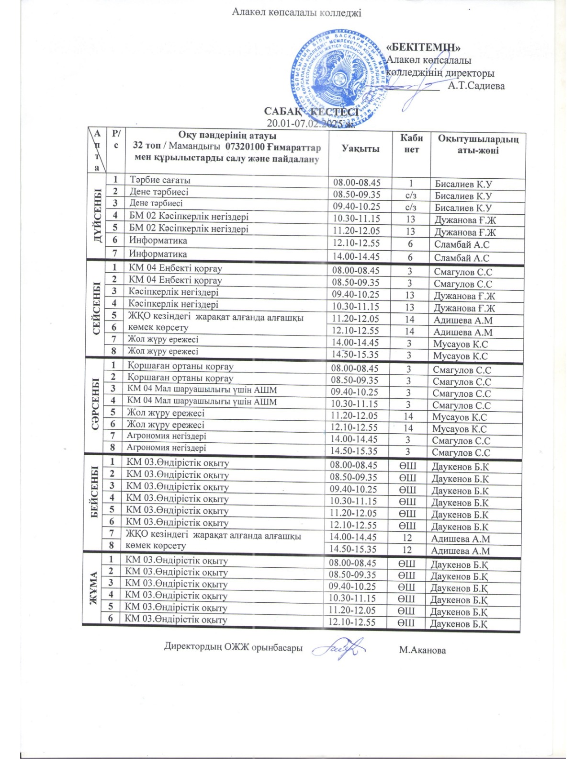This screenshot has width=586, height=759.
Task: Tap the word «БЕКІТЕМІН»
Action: tap(423, 47)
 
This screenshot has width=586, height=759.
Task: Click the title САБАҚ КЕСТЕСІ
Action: tap(311, 112)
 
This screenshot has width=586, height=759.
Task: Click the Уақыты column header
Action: tap(361, 149)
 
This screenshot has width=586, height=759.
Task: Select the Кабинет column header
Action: tap(411, 144)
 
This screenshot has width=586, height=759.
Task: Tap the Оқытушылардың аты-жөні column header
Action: tap(478, 144)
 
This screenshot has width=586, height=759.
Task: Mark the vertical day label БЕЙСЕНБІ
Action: tap(94, 498)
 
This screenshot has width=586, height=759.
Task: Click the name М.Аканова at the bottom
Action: tap(422, 650)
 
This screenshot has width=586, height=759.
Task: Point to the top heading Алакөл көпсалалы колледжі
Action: tap(296, 12)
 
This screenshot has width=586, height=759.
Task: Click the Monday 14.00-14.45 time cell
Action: tap(356, 256)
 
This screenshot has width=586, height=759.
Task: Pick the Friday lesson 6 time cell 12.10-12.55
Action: tap(352, 622)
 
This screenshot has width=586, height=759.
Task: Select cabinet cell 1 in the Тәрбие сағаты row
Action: tap(411, 183)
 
